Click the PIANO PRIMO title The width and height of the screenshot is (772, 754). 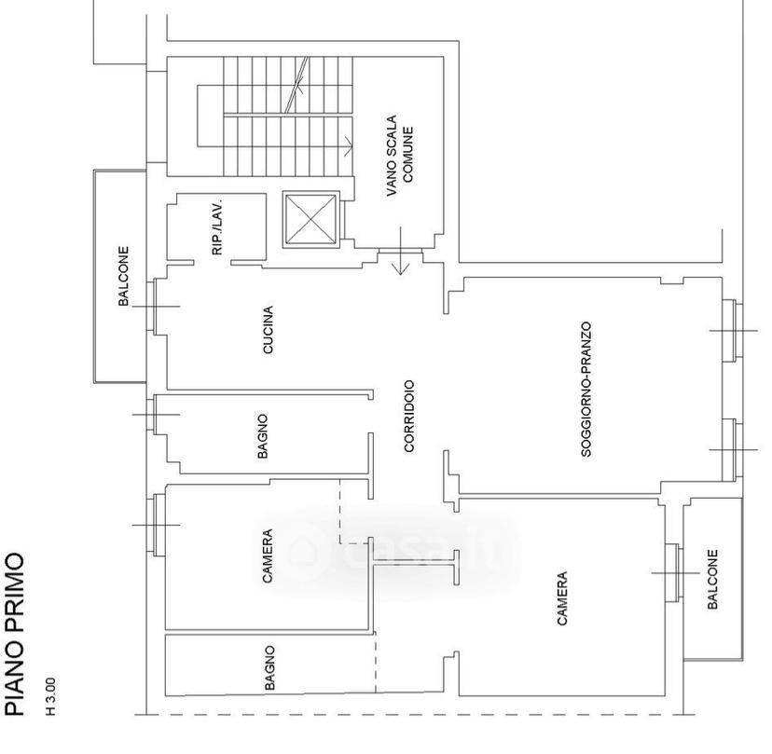(x=14, y=634)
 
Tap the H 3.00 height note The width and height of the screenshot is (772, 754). (x=50, y=696)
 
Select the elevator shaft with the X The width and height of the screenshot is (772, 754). (x=310, y=219)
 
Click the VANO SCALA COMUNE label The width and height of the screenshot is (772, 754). (x=400, y=155)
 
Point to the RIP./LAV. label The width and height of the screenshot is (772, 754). (x=217, y=226)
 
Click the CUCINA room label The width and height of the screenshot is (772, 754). (x=268, y=329)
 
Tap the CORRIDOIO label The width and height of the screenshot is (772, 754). (x=409, y=416)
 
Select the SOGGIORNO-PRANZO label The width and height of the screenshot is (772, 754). (x=586, y=390)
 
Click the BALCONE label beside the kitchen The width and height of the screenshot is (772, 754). (x=123, y=276)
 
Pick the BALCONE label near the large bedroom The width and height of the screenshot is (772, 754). (x=712, y=580)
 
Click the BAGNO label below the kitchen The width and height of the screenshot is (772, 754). (x=263, y=436)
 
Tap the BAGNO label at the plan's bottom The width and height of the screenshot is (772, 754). (x=269, y=668)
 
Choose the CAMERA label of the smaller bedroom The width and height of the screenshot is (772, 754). (x=268, y=556)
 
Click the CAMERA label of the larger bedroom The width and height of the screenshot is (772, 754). (x=562, y=598)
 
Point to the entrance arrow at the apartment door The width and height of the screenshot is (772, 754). (x=401, y=251)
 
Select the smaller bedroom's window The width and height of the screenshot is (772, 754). (x=157, y=525)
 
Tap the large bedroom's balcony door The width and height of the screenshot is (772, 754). (x=673, y=573)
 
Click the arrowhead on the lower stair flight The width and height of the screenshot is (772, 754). (x=348, y=145)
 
